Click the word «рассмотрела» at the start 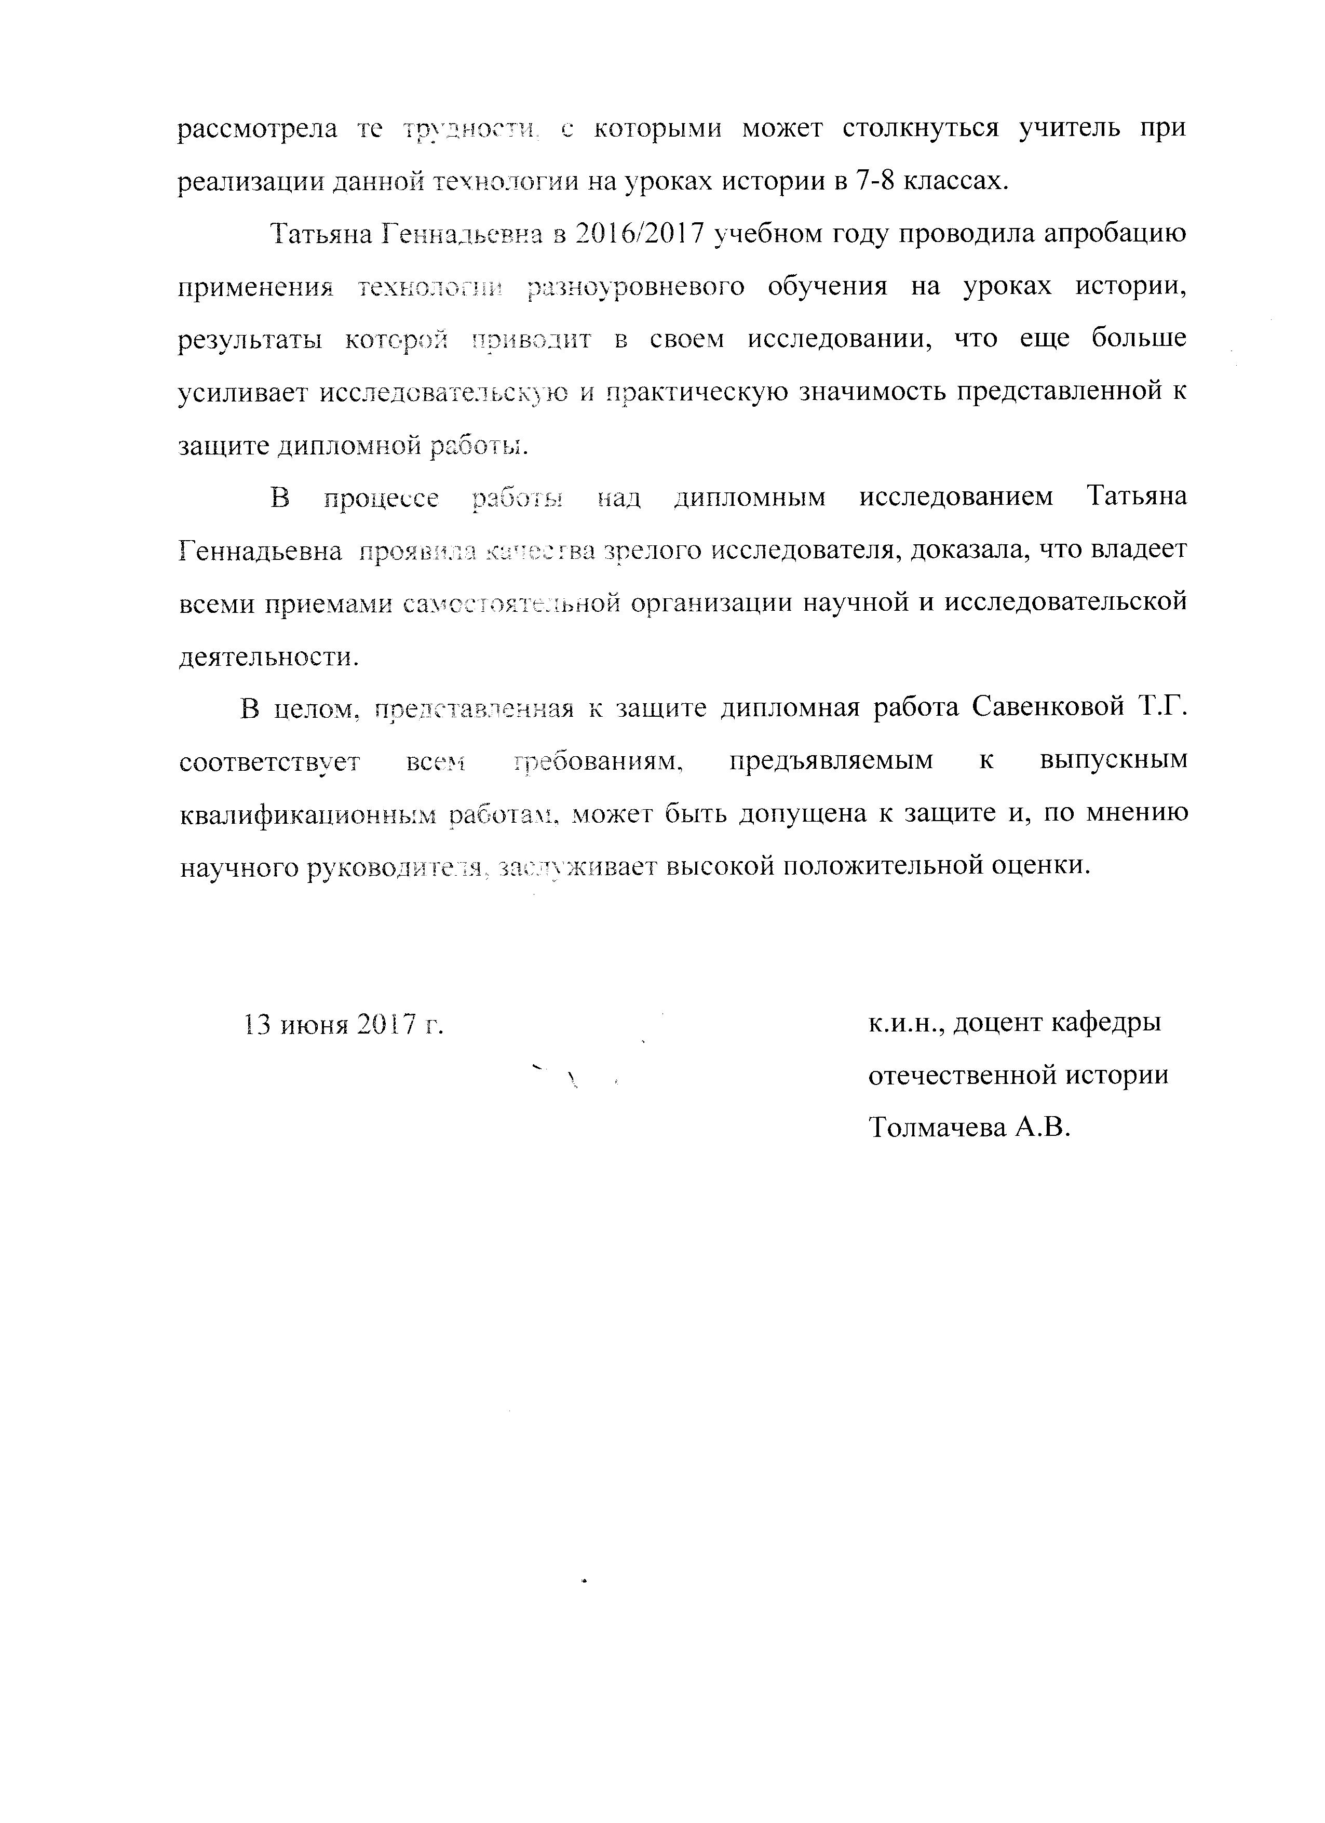[257, 129]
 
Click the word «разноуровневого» [636, 287]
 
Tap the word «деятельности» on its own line [265, 656]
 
